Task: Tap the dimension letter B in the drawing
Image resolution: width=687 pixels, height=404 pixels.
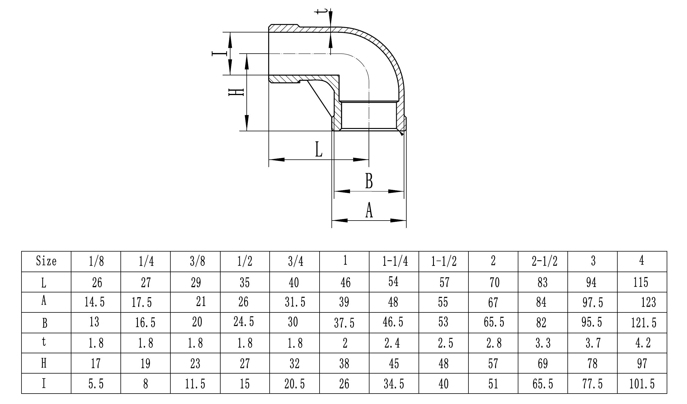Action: coord(369,181)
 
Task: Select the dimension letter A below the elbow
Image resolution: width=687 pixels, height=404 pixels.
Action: coord(369,210)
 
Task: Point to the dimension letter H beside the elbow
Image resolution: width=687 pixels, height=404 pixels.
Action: coord(236,92)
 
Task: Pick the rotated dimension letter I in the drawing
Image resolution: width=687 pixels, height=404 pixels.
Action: coord(219,53)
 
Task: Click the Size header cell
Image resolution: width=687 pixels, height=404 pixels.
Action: coord(46,261)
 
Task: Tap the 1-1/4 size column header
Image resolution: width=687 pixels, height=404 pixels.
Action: coord(395,261)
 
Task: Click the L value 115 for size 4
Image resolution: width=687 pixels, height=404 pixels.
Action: coord(641,282)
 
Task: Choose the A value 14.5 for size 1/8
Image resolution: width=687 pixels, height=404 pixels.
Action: coord(95,302)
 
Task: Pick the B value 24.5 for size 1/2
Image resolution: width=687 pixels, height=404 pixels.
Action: coord(244,322)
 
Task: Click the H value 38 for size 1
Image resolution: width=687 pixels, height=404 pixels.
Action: coord(344,363)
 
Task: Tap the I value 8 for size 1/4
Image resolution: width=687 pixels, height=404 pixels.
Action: coord(146,384)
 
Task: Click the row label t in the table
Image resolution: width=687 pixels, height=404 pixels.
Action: coord(44,342)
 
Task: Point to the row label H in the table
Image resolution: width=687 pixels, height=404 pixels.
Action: coord(44,363)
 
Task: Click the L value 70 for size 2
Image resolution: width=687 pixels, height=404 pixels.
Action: coord(495,282)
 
